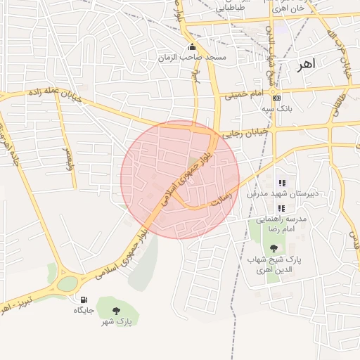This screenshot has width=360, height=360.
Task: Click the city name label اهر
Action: (x=307, y=64)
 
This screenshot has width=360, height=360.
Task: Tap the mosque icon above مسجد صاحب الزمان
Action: (x=192, y=47)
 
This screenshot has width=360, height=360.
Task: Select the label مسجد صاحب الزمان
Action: (x=192, y=57)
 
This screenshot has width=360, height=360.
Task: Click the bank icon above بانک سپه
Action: (x=276, y=98)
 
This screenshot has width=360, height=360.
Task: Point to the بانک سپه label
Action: (x=276, y=109)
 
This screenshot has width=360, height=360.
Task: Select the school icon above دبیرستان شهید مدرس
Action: (x=282, y=183)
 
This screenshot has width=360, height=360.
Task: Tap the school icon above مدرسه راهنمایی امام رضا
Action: (x=282, y=208)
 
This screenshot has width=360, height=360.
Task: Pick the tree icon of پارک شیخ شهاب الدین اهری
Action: (x=273, y=247)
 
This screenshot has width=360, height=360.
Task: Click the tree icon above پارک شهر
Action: (x=116, y=310)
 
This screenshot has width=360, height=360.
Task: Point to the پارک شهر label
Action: (x=121, y=321)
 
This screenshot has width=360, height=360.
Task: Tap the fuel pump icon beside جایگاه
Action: (x=84, y=300)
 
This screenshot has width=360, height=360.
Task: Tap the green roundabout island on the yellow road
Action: (x=67, y=284)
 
